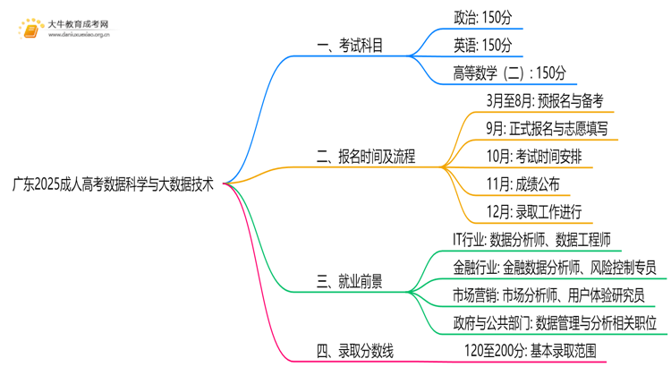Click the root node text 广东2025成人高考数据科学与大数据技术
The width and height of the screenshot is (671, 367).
113,184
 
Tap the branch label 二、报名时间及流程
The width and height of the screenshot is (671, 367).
366,157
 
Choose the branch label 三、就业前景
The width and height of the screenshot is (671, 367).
350,281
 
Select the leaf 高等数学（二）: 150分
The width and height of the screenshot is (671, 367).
510,73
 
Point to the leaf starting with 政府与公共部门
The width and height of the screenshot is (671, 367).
556,322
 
